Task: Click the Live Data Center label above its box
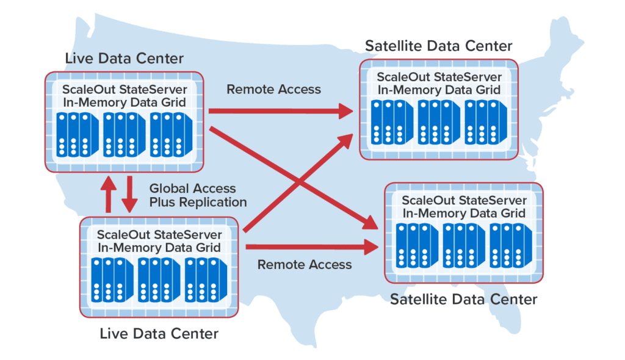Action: pos(124,59)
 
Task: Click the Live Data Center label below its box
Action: pos(159,334)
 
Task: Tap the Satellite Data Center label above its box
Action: pos(438,46)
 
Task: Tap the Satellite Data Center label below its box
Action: pos(464,300)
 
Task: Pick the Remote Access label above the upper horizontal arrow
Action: pos(273,90)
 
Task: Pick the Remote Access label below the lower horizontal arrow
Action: pos(305,264)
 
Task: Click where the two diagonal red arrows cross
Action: pos(297,181)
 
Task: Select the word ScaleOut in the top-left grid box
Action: pos(89,89)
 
